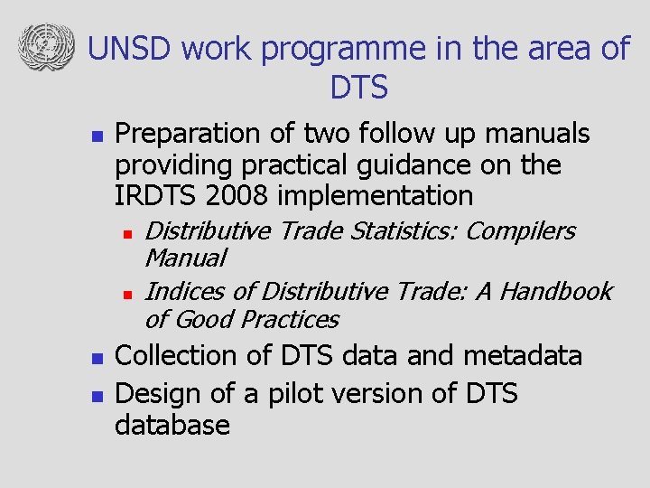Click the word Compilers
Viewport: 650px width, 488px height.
point(520,231)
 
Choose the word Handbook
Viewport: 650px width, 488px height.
point(555,292)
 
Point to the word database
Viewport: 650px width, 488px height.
point(172,425)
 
